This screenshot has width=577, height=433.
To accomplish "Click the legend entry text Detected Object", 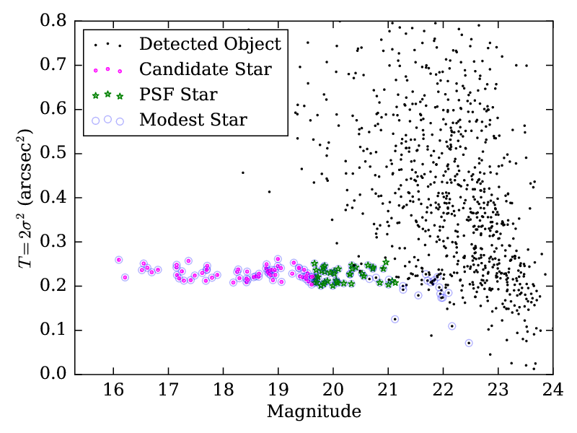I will [x=209, y=44].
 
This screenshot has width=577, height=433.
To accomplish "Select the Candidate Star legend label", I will [x=206, y=69].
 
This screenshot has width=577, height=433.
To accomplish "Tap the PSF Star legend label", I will [x=178, y=95].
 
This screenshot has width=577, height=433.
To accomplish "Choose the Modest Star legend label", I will [x=193, y=120].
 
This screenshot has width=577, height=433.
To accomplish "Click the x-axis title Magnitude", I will [x=313, y=412].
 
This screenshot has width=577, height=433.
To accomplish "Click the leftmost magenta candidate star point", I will [x=119, y=260].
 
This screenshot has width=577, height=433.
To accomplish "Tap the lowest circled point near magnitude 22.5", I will [x=469, y=343].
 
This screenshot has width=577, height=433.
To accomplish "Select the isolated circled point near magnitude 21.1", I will [x=395, y=319].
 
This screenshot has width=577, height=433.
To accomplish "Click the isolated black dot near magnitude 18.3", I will [x=242, y=172].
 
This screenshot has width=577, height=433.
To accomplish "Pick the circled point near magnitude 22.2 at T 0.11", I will [x=452, y=326].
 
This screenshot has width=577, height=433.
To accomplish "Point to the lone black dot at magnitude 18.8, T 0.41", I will [x=269, y=192].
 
